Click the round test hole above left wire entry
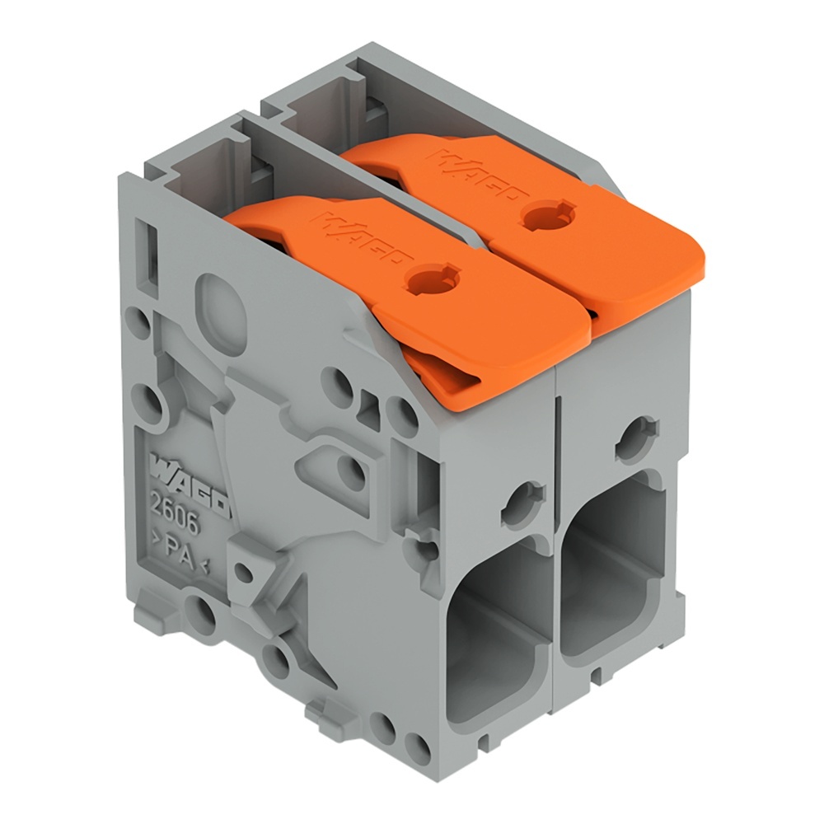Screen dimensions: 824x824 520,502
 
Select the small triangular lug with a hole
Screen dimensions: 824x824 244,569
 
